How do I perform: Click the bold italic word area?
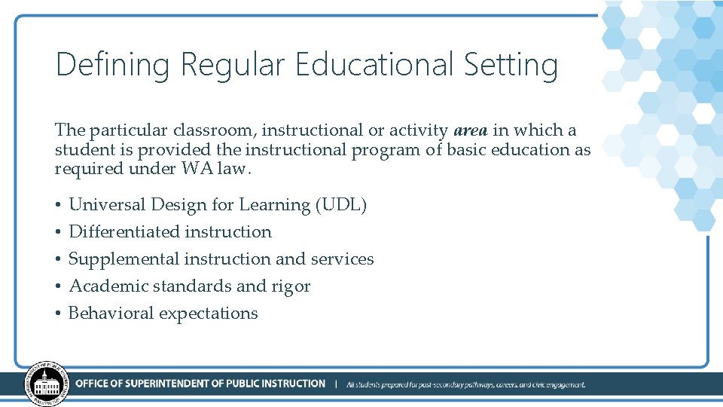471,130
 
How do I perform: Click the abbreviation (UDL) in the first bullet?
341,204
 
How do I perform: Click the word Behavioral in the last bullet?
110,313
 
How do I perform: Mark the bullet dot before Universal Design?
58,205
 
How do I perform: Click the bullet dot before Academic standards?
58,286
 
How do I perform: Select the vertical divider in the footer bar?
335,384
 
